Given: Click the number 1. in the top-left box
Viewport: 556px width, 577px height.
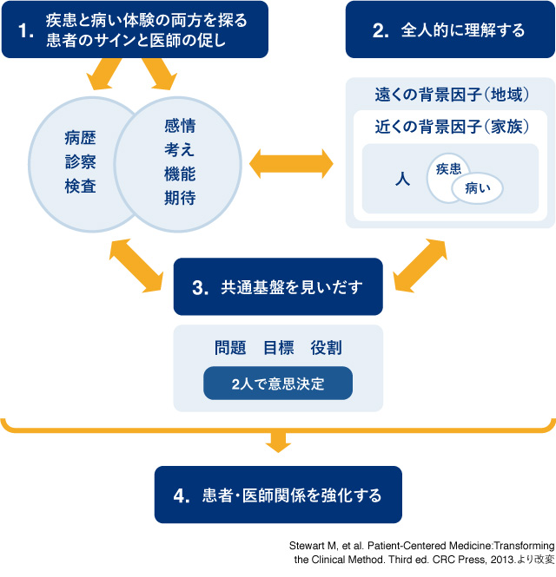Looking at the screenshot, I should click(x=26, y=30).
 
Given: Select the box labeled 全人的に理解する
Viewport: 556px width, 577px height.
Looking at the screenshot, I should click(x=450, y=30).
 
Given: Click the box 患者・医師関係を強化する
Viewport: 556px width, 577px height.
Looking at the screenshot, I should click(x=278, y=495).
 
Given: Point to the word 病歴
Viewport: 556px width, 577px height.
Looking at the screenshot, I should click(x=80, y=137).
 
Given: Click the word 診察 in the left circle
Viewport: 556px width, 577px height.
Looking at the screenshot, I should click(x=80, y=162).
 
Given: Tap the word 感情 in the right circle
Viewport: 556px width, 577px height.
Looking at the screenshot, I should click(x=180, y=126).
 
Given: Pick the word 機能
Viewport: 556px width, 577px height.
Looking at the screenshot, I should click(x=180, y=174).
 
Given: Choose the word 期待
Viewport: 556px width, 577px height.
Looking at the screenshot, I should click(x=180, y=199).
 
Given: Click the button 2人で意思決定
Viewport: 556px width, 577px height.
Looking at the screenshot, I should click(x=278, y=384).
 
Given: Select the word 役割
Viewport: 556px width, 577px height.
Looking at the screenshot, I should click(x=326, y=348).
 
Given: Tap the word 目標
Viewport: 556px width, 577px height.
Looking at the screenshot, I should click(x=278, y=348).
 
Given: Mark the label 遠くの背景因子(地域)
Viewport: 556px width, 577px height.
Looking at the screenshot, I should click(x=450, y=94).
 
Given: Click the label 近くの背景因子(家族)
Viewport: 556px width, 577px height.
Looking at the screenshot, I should click(x=450, y=127).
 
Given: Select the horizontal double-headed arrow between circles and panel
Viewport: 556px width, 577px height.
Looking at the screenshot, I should click(x=292, y=161).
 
